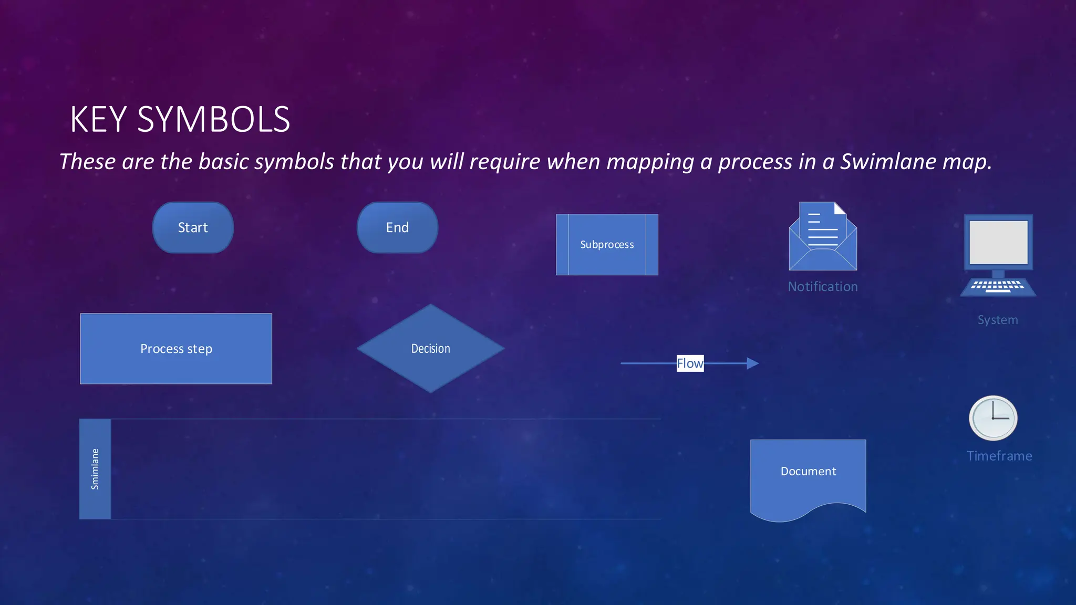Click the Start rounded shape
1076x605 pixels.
[193, 227]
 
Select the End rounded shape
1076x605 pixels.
[397, 227]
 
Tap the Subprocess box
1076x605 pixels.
[607, 244]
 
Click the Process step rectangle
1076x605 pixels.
[176, 349]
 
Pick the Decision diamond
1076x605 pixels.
[430, 349]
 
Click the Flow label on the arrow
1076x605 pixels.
[690, 363]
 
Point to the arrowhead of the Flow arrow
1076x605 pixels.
[752, 363]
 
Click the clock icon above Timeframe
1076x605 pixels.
[993, 418]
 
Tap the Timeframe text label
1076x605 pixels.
[999, 456]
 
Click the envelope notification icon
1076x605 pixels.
[823, 239]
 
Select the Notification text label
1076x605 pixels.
[823, 287]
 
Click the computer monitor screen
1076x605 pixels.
[998, 242]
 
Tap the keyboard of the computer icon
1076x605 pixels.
[998, 286]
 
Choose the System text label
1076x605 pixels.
[998, 320]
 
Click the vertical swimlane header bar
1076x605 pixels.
[95, 469]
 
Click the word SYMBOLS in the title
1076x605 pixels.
[213, 119]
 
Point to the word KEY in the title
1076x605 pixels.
[99, 119]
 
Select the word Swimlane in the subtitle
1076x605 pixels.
[888, 161]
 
